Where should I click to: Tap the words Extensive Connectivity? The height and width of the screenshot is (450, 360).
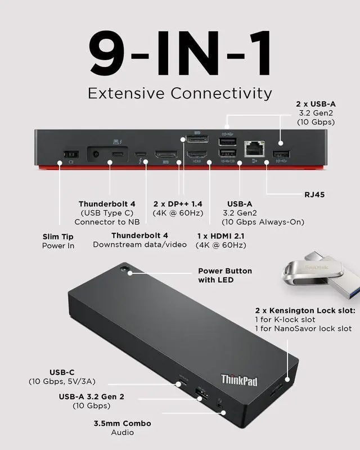click(x=179, y=93)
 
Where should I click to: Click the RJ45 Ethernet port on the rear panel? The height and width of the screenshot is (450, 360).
click(x=254, y=148)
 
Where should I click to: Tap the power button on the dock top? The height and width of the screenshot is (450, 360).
click(x=125, y=270)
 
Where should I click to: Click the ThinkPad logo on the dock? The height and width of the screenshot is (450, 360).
click(x=239, y=380)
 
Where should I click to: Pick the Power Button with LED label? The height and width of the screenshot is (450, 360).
click(x=225, y=275)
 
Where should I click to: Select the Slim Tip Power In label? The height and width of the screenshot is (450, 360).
click(x=58, y=241)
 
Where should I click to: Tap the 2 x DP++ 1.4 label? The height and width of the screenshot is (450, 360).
click(x=178, y=208)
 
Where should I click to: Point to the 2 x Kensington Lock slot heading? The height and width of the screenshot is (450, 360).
click(x=305, y=310)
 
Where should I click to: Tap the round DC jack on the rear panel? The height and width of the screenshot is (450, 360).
click(x=96, y=154)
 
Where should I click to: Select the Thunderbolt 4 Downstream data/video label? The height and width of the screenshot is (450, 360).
click(x=139, y=240)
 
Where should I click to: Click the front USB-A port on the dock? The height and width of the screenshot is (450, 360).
click(x=201, y=393)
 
